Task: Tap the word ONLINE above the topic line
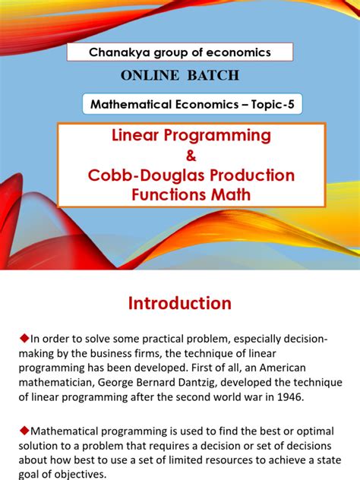point(147,75)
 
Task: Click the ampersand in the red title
point(180,156)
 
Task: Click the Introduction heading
point(179,303)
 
